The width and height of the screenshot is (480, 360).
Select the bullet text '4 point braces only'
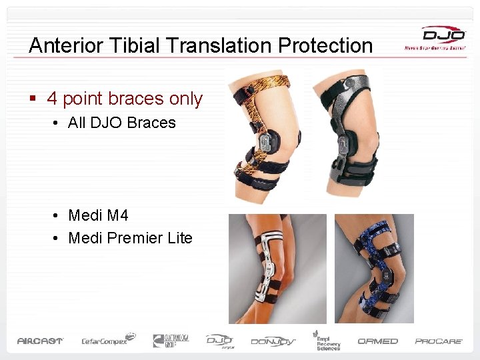point(125,99)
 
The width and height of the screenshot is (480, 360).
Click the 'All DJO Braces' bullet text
point(122,123)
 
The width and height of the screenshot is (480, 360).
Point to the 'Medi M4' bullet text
point(98,215)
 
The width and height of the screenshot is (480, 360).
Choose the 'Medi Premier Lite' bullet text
point(130,238)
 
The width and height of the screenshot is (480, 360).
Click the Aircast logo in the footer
point(40,341)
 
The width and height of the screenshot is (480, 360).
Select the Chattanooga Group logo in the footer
point(171,341)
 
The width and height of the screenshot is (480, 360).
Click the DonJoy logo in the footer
point(274,341)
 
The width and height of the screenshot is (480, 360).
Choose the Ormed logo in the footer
point(377,341)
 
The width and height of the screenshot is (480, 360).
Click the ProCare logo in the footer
point(439,341)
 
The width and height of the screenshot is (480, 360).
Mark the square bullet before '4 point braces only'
point(32,99)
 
